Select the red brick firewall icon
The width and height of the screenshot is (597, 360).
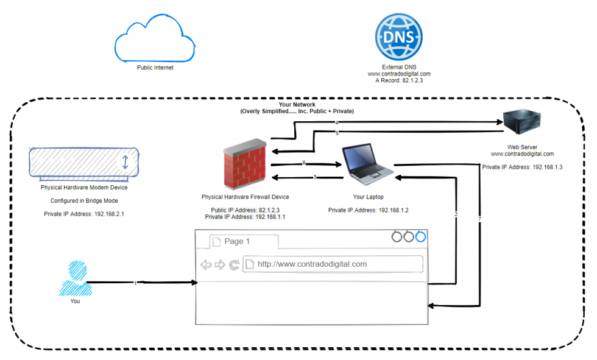[244, 164]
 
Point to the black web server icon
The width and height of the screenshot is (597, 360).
[521, 122]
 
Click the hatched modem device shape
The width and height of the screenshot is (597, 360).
[85, 163]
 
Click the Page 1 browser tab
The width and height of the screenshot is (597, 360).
[243, 241]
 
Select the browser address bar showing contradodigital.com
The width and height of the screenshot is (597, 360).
[333, 264]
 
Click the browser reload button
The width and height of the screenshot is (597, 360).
[234, 264]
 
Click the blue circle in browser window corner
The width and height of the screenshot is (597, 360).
[420, 236]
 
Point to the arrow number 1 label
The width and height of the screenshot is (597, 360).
[135, 283]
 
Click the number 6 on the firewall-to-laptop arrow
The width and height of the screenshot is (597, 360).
[303, 163]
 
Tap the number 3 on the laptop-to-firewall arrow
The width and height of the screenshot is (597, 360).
[314, 177]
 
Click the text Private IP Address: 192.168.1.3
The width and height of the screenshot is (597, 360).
[522, 166]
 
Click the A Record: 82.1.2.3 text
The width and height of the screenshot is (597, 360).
[398, 80]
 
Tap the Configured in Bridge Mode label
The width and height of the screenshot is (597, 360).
[84, 200]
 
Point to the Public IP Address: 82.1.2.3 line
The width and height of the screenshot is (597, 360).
[245, 210]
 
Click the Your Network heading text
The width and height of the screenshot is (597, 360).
[297, 105]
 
